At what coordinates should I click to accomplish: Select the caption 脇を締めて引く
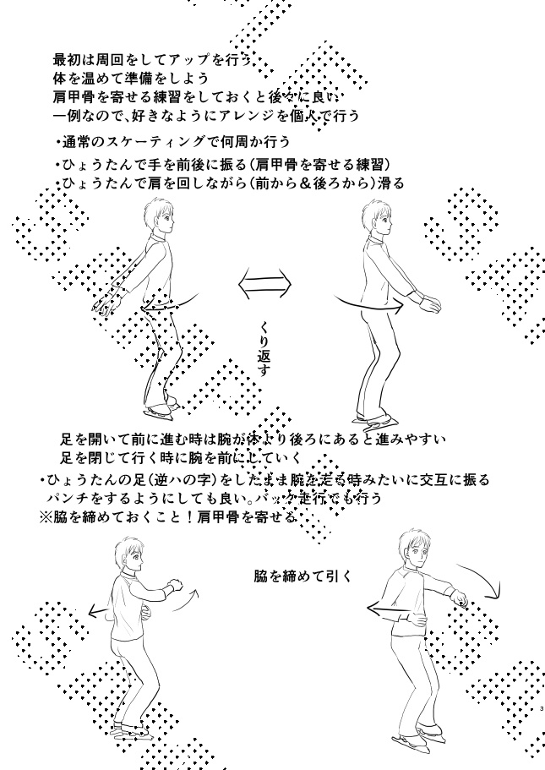pyautogui.click(x=303, y=576)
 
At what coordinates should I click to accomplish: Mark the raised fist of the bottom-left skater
pyautogui.click(x=176, y=584)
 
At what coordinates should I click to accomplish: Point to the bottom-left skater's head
pyautogui.click(x=134, y=554)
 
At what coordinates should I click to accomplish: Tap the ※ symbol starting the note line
pyautogui.click(x=45, y=517)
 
